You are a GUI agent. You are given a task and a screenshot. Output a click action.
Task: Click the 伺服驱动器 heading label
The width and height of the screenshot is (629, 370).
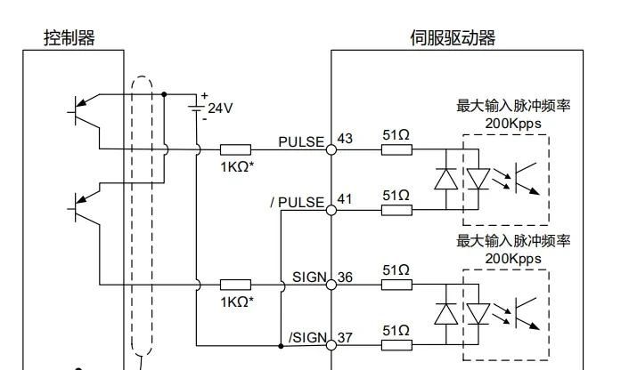pos(452,37)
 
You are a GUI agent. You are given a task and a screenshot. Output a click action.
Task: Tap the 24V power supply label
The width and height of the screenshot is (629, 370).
pos(220,108)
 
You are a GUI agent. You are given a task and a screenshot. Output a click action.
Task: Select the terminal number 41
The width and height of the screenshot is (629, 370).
pos(346,199)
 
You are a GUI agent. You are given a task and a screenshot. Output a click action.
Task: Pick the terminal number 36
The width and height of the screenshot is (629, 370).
pos(346,277)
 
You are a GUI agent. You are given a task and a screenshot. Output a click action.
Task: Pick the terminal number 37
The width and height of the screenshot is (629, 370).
pos(346,337)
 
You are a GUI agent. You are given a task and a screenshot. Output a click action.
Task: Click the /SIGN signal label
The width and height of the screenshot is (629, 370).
pos(308,338)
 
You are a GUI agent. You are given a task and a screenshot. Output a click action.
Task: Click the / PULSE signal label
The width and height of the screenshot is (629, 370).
pos(297,202)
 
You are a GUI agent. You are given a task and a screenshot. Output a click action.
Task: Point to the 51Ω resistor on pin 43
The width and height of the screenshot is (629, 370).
pos(396,149)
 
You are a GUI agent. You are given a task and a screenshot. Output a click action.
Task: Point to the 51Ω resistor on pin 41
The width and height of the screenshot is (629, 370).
pos(396,210)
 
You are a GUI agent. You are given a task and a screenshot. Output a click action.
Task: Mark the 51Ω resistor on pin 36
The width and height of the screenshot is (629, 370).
pos(396,285)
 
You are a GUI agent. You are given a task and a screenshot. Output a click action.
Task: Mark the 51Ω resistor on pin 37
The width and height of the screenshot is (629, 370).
pos(396,345)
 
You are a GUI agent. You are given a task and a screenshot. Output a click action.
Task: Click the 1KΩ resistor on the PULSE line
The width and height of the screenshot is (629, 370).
pos(236,149)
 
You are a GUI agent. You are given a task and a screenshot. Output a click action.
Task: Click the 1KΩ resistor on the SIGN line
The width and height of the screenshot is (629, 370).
pos(236,285)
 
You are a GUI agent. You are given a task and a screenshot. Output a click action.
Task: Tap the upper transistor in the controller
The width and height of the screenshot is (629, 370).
pos(83,109)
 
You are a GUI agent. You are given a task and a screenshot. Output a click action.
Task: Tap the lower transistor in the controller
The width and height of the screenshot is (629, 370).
pos(83,210)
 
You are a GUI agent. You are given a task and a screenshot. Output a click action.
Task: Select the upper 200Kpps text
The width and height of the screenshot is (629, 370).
pos(513,123)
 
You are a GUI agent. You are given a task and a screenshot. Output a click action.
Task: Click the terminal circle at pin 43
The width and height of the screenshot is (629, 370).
pos(331,149)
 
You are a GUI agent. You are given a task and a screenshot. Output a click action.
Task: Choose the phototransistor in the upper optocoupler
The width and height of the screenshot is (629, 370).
pos(528,178)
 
